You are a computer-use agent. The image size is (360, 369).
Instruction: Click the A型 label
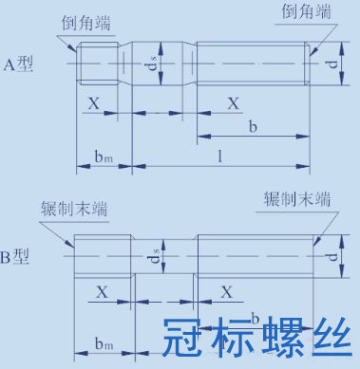pos(18,65)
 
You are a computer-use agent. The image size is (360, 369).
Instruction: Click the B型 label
pos(15,256)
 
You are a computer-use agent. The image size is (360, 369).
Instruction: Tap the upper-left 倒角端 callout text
pos(86,24)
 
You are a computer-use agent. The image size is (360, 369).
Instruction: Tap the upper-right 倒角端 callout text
pos(306,11)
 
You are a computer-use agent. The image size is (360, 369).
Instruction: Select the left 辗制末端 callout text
pos(74,209)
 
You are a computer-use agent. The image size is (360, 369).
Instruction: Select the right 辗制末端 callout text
pos(297,199)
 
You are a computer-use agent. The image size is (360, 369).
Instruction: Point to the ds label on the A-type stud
pos(154,64)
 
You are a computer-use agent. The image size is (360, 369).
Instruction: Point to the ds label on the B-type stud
pos(155,256)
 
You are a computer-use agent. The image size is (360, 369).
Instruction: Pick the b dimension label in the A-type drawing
pos(253,126)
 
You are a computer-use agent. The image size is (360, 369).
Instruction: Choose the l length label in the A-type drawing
pos(220,156)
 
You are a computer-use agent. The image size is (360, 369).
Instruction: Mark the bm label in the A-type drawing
pos(104,156)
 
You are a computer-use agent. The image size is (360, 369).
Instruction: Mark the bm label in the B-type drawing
pos(104,343)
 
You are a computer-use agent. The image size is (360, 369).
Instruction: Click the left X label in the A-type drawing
pos(93,103)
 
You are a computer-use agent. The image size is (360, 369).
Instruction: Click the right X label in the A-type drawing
pos(234,103)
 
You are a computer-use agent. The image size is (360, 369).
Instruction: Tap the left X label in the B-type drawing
pos(102,292)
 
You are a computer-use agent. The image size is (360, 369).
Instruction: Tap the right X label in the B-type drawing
pos(227,292)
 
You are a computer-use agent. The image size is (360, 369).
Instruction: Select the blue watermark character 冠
pos(183,338)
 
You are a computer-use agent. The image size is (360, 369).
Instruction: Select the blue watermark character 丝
pos(332,338)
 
